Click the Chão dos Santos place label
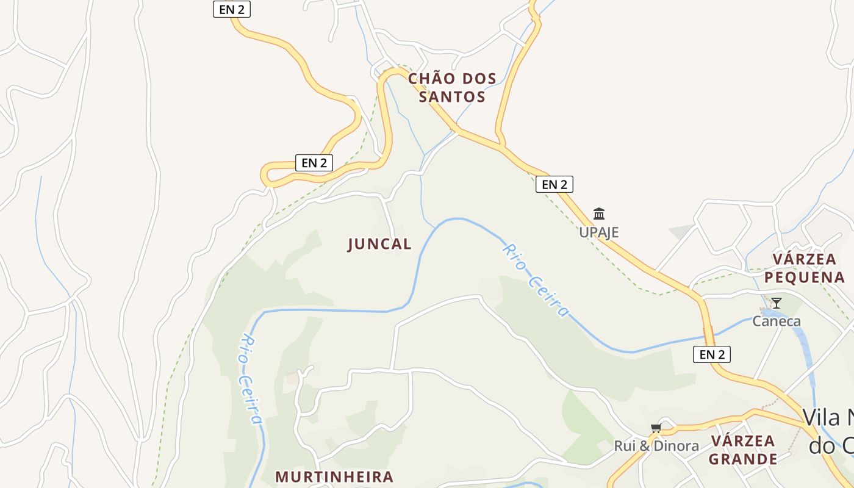[452, 87]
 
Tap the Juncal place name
[379, 244]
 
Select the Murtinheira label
[334, 476]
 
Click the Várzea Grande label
[743, 450]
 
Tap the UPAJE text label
[598, 232]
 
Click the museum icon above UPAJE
[599, 214]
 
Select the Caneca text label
[776, 321]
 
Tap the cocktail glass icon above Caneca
[776, 303]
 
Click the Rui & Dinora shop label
[656, 446]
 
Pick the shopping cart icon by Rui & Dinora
[656, 428]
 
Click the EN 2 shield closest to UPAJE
[554, 184]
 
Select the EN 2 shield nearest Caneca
[711, 354]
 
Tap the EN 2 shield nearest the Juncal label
[314, 162]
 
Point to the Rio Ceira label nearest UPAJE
[536, 280]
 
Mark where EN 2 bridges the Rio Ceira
[708, 336]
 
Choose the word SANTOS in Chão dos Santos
[452, 96]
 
